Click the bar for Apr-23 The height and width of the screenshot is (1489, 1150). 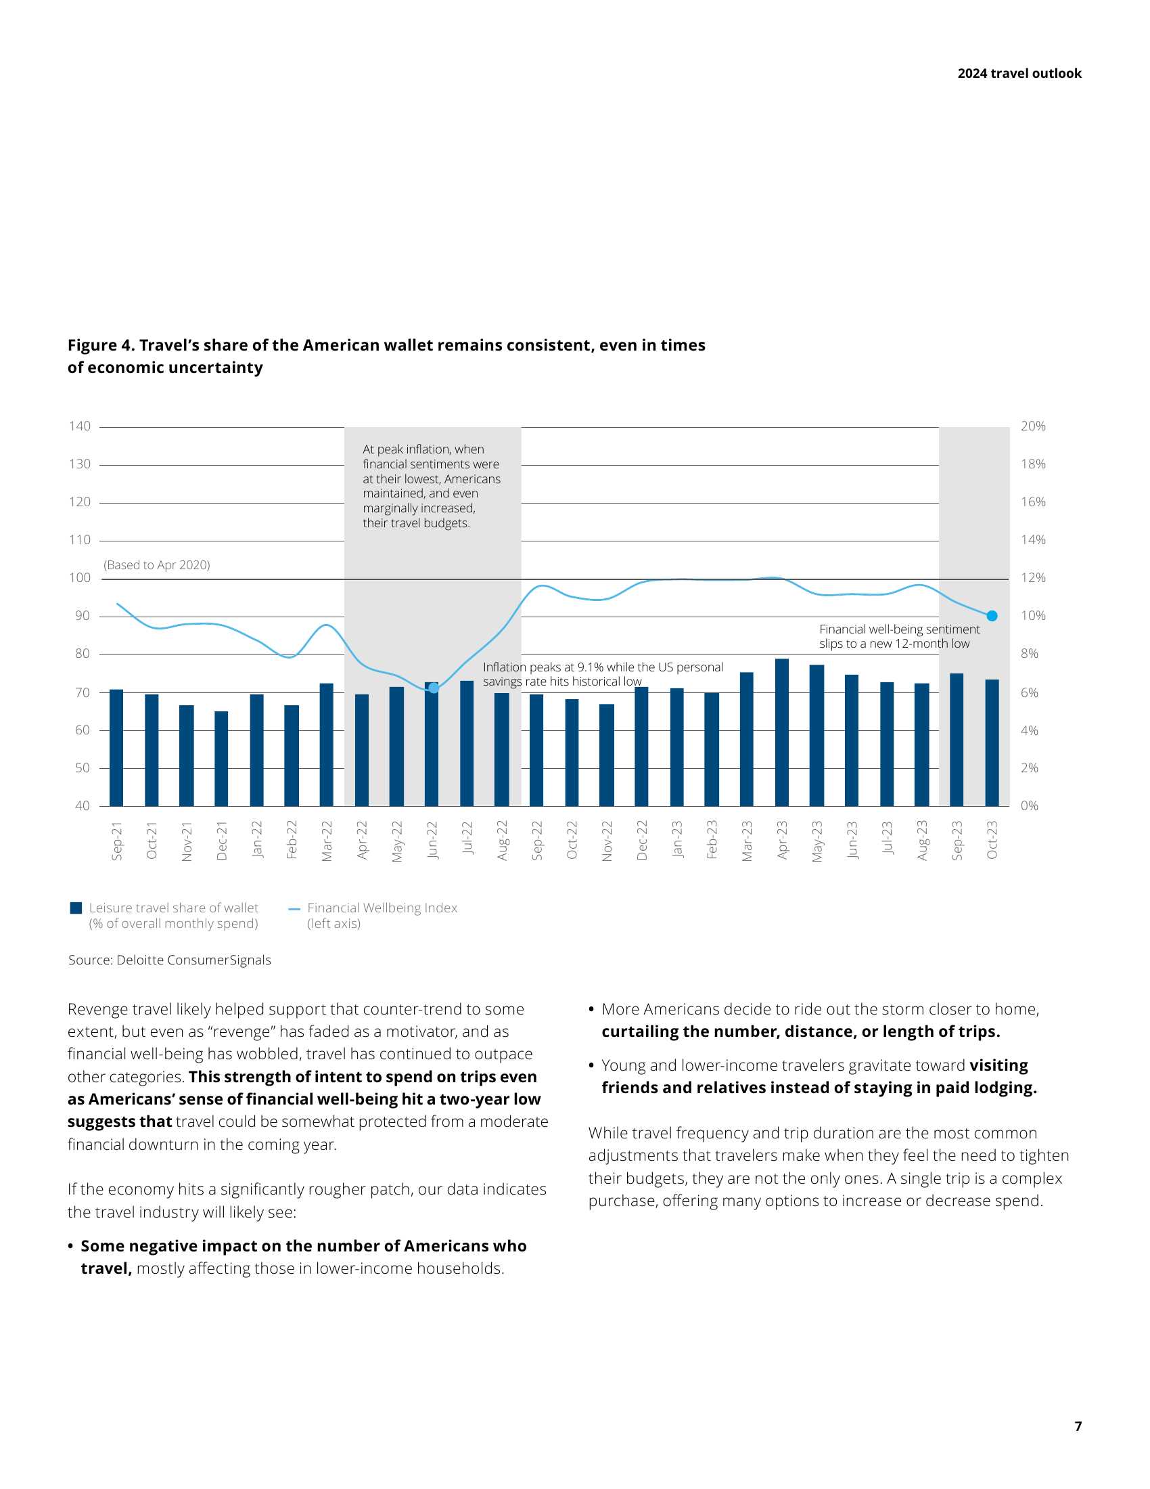781,732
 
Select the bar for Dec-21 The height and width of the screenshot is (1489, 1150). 221,758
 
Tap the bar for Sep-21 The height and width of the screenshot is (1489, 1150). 116,747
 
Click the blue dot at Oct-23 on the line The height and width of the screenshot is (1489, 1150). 992,616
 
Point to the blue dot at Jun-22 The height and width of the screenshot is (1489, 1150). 434,688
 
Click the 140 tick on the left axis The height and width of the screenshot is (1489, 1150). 80,426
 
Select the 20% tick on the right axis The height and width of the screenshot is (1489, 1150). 1033,426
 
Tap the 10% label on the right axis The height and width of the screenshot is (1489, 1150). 1033,616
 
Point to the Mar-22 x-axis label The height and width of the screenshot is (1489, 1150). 327,841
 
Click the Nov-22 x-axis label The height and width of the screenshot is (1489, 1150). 607,841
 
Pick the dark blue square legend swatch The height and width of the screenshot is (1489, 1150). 76,908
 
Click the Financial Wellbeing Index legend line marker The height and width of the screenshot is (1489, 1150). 294,909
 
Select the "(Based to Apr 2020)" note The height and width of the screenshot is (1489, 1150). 157,564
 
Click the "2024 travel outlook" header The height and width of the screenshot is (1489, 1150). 1019,74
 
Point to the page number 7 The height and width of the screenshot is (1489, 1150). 1078,1426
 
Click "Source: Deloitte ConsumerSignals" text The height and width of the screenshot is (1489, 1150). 170,960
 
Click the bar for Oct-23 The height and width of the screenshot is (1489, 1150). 992,742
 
